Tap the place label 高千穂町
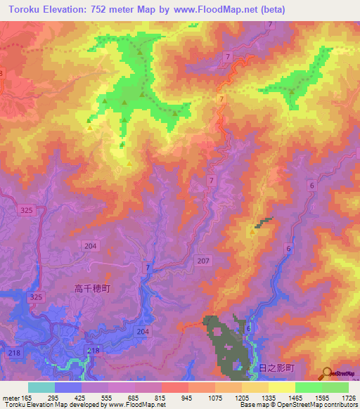[x=93, y=288]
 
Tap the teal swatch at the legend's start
[x=41, y=387]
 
